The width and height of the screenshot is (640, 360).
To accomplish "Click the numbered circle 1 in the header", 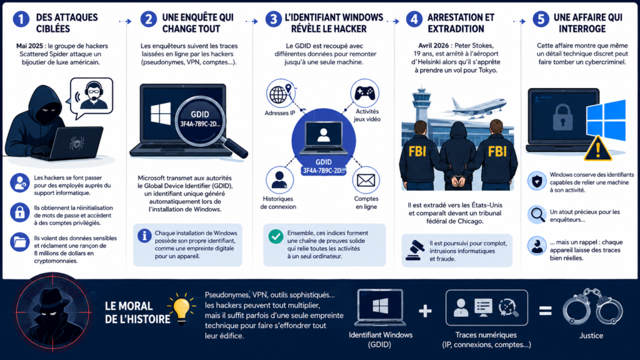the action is (21, 19).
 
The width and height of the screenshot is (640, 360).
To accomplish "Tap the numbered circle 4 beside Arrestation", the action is (414, 19).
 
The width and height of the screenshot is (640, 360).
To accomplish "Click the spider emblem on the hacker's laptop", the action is (77, 143).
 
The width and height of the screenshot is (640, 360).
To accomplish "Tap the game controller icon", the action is (364, 93).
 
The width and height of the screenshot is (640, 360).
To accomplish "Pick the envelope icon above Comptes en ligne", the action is (366, 180).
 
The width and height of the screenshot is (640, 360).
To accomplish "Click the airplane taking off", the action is (475, 107).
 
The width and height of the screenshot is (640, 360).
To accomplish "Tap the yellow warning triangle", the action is (597, 148).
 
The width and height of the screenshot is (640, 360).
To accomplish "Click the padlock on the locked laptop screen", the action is (562, 117).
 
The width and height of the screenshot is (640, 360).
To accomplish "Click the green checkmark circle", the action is (276, 236).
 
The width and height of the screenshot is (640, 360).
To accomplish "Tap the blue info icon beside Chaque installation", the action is (144, 236).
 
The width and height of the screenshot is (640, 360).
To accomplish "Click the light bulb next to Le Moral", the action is (182, 309).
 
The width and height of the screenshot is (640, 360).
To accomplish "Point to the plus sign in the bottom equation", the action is (425, 311).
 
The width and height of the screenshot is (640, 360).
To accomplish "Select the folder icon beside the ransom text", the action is (19, 242).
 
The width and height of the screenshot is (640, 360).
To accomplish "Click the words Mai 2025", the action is (30, 46).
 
